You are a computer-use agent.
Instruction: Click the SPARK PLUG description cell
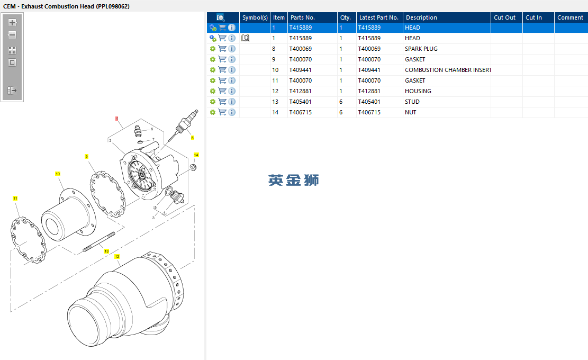tap(421, 49)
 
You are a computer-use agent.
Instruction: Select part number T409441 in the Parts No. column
tap(301, 70)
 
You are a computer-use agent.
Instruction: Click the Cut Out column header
tap(504, 17)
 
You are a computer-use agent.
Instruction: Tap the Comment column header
tap(570, 17)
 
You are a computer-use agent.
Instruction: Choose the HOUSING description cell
tap(418, 91)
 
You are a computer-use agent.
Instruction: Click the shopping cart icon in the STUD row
tap(222, 102)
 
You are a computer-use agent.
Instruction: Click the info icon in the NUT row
tap(232, 112)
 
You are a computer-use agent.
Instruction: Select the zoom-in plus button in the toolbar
tap(12, 22)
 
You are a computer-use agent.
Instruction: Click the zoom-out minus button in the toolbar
tap(12, 35)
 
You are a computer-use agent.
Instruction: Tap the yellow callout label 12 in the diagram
tap(117, 256)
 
